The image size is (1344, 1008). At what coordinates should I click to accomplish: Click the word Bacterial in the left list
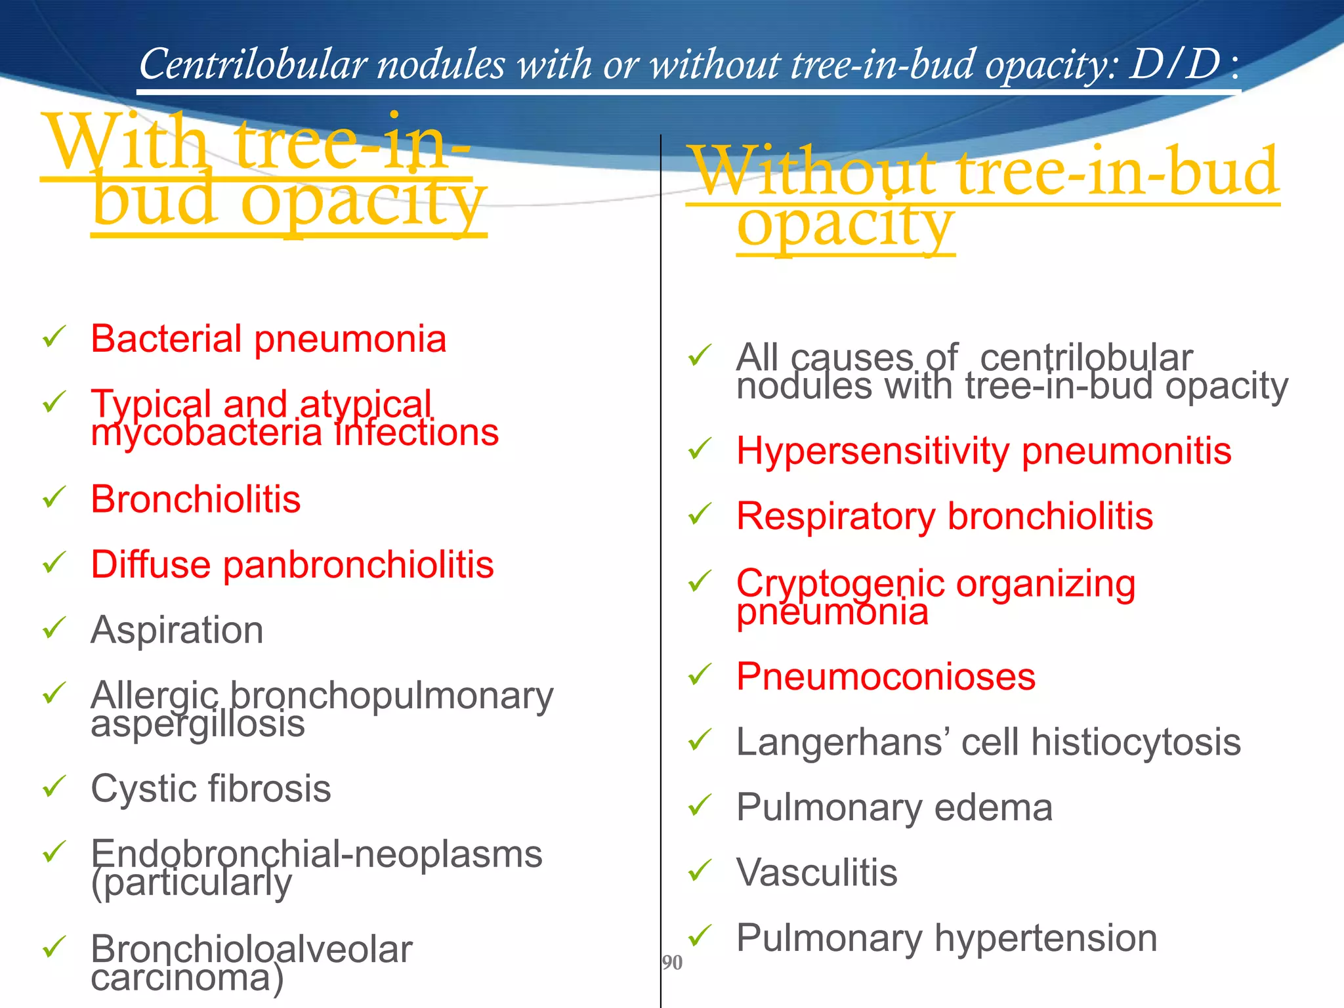(x=166, y=339)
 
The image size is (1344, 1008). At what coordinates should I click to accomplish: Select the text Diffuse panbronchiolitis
(x=292, y=565)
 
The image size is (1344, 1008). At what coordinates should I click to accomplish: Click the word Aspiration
(x=177, y=631)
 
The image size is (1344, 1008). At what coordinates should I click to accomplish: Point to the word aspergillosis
(x=198, y=725)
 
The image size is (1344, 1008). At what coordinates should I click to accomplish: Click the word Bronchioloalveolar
(x=251, y=950)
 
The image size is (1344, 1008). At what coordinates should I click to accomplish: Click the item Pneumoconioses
(x=885, y=677)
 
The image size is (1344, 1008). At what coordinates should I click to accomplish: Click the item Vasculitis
(x=816, y=873)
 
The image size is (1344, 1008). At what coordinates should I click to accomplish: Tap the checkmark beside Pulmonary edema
(x=700, y=805)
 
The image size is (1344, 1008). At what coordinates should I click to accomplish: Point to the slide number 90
(x=672, y=963)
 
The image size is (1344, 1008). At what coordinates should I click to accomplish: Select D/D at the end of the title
(x=1174, y=66)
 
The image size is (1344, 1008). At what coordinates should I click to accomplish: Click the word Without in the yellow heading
(x=814, y=173)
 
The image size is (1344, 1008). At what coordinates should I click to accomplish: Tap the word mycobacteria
(x=206, y=433)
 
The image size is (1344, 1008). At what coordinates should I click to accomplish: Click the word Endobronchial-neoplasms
(x=316, y=854)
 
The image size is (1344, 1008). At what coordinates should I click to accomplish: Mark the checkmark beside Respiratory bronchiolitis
(x=700, y=514)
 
